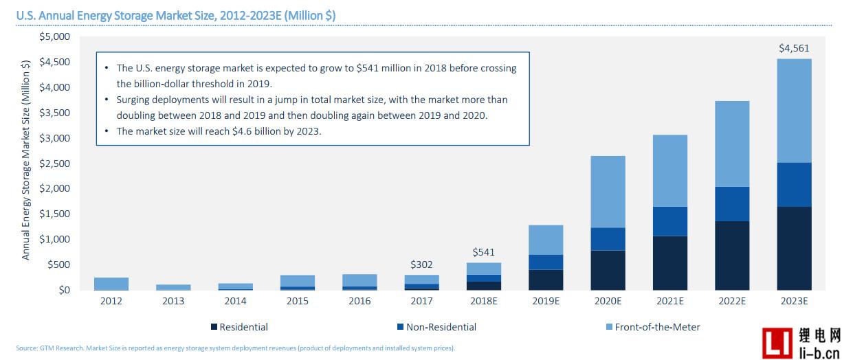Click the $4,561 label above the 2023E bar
[x=794, y=49]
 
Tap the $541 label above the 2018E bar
[x=484, y=252]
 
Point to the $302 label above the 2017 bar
[x=422, y=265]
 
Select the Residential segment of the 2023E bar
[x=794, y=248]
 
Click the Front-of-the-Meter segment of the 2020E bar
[x=608, y=192]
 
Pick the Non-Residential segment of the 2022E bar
[x=732, y=204]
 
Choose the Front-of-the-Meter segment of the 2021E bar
[x=670, y=170]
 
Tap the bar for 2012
[x=111, y=284]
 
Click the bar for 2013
[x=173, y=287]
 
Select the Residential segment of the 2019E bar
[x=546, y=280]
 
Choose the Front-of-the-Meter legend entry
[x=654, y=327]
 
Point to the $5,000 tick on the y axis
[x=55, y=36]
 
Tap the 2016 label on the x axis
[x=359, y=302]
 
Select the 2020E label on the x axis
[x=608, y=302]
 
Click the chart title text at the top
[x=176, y=15]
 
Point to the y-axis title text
[x=26, y=159]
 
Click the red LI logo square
[x=778, y=341]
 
